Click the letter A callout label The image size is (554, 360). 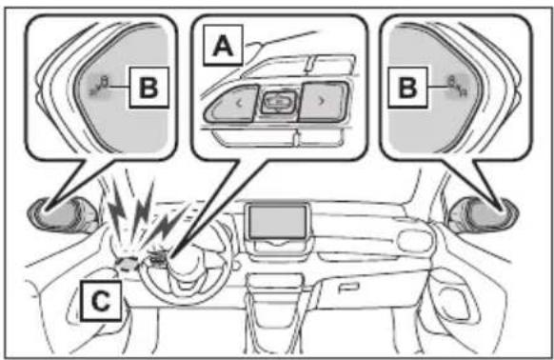[223, 45]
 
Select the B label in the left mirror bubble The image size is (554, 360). [148, 88]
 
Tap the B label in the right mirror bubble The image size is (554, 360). [407, 87]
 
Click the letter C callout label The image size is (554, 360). [101, 301]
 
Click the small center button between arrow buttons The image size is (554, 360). [279, 102]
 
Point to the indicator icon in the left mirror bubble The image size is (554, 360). [100, 86]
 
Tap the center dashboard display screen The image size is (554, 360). [278, 222]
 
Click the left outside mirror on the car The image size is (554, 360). [62, 215]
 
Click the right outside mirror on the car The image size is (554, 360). [485, 215]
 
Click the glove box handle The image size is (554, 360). [348, 288]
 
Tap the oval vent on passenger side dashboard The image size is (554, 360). [414, 241]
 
